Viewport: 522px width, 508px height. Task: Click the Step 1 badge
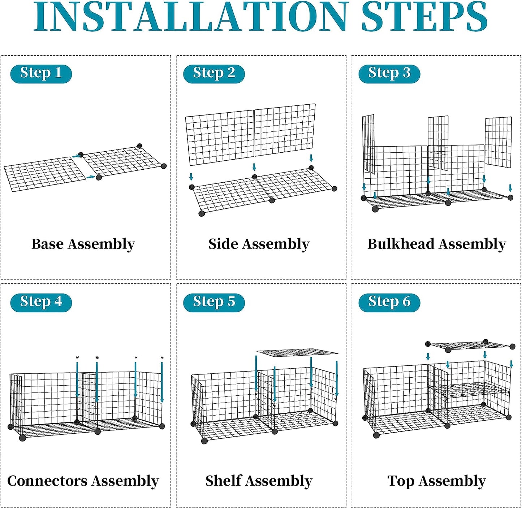coord(41,74)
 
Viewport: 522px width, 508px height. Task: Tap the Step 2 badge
coord(214,74)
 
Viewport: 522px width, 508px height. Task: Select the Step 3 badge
coord(389,74)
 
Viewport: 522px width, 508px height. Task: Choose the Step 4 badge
coord(41,303)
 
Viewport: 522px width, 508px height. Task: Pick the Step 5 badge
coord(214,303)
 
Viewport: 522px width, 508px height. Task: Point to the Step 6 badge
coord(389,303)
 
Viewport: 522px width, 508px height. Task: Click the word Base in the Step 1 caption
coord(48,244)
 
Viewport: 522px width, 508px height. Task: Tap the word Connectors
coord(47,481)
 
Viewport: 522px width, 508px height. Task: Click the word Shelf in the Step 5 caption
coord(223,481)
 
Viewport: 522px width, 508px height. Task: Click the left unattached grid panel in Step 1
coord(45,174)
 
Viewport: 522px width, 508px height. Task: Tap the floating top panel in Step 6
coord(470,346)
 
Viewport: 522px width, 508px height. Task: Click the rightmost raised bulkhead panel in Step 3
coord(498,142)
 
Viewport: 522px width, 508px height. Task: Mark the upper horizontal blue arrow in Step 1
coord(77,156)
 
